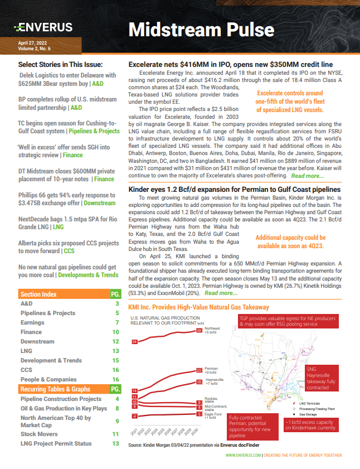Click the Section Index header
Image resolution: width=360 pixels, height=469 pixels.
(x=38, y=294)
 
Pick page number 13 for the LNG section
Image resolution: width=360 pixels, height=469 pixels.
(x=115, y=351)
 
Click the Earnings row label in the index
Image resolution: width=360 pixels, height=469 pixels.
(x=32, y=322)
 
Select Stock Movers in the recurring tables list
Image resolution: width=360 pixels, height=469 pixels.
(x=38, y=433)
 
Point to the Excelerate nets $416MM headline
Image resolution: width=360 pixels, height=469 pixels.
(x=226, y=65)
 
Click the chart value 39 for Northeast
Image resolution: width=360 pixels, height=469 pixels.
(x=200, y=331)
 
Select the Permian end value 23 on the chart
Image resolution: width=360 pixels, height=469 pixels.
(x=200, y=370)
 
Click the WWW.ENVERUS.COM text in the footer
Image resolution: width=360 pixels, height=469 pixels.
(x=243, y=455)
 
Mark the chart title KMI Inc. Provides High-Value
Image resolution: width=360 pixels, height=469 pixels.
(x=198, y=307)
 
